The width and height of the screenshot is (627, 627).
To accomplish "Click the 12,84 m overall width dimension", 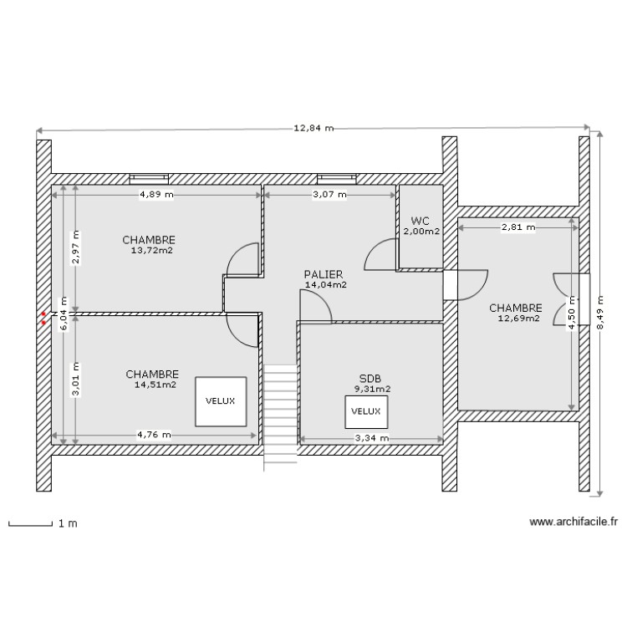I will [313, 129].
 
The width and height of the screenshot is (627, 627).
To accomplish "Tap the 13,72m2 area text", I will [152, 250].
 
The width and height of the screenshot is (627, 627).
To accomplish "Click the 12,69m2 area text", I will [518, 318].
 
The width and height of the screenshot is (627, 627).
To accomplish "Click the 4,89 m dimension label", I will [156, 195].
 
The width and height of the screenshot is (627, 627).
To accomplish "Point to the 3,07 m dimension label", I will [329, 195].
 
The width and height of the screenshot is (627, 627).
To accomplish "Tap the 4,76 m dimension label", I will [154, 435].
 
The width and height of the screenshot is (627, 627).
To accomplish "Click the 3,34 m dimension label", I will [372, 437].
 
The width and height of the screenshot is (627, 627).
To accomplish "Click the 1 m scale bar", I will [42, 524].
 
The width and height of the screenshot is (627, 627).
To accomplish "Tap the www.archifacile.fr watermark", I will [573, 521].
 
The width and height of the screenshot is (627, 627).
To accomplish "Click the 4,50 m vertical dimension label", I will [572, 317].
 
